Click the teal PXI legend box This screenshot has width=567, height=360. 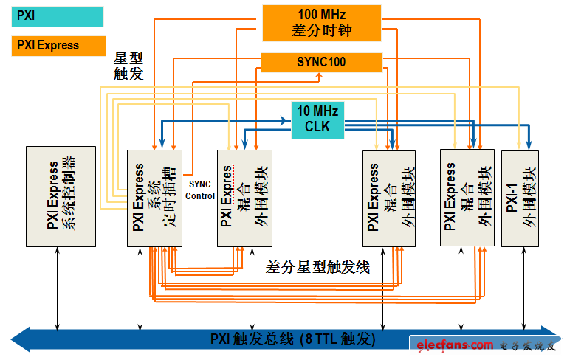click(x=58, y=15)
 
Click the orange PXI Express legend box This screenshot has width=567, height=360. click(x=58, y=45)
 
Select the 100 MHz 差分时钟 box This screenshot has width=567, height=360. click(x=321, y=23)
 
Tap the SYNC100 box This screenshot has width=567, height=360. click(x=321, y=62)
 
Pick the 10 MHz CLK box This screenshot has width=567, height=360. click(x=317, y=120)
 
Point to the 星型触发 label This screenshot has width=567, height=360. click(x=128, y=66)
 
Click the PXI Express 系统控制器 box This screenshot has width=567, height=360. click(x=61, y=196)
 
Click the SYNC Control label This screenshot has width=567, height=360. click(x=200, y=190)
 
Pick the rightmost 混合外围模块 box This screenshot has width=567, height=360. click(x=466, y=197)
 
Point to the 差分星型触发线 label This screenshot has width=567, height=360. click(x=317, y=267)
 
